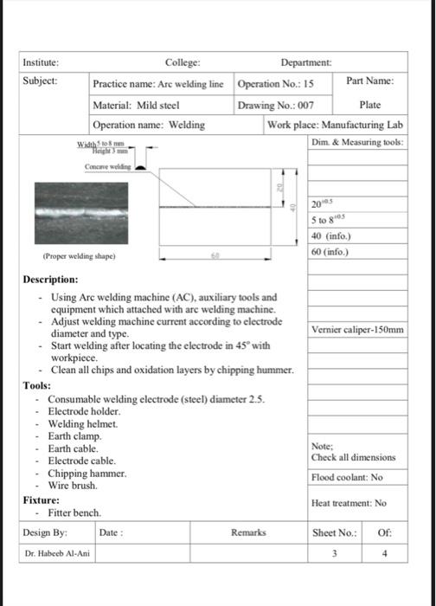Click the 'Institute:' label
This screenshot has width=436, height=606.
41,62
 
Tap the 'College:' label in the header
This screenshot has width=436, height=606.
183,62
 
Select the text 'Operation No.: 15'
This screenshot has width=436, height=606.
275,85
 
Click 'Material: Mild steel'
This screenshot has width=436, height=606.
136,105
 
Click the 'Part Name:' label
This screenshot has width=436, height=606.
369,81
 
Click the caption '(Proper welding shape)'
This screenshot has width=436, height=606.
79,257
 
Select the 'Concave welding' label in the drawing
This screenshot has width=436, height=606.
107,165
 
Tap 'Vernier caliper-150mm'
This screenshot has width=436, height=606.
357,330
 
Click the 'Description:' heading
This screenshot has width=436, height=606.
50,280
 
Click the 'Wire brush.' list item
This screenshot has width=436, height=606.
74,486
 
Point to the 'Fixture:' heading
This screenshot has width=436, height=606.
41,500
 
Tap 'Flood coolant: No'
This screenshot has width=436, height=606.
346,477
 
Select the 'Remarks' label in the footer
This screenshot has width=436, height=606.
248,532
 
